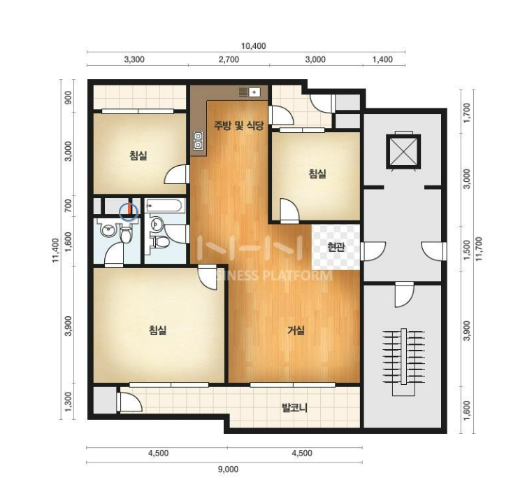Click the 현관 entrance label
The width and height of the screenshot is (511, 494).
pyautogui.click(x=336, y=247)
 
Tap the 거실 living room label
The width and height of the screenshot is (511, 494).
pyautogui.click(x=296, y=330)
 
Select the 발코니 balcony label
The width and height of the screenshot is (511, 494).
pyautogui.click(x=294, y=407)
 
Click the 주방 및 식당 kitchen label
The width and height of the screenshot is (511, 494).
pyautogui.click(x=238, y=125)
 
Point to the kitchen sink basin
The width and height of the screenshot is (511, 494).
pyautogui.click(x=254, y=92)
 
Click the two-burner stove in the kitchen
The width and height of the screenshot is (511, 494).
pyautogui.click(x=198, y=141)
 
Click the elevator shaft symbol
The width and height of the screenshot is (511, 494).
pyautogui.click(x=403, y=151)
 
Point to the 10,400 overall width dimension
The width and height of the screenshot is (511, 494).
pyautogui.click(x=253, y=46)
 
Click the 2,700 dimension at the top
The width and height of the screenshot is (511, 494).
pyautogui.click(x=229, y=59)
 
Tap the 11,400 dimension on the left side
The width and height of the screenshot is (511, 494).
pyautogui.click(x=55, y=250)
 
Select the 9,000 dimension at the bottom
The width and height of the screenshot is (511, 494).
pyautogui.click(x=228, y=470)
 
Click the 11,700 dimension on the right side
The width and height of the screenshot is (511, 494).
pyautogui.click(x=479, y=248)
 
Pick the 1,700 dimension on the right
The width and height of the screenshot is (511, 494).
pyautogui.click(x=467, y=113)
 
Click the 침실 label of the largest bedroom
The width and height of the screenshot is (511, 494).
pyautogui.click(x=158, y=330)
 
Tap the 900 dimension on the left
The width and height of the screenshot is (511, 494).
pyautogui.click(x=68, y=97)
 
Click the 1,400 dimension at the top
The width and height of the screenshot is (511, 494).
pyautogui.click(x=382, y=59)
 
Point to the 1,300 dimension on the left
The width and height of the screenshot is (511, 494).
pyautogui.click(x=68, y=402)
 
